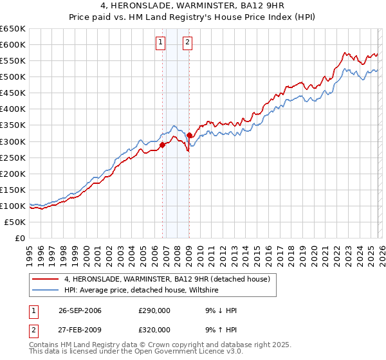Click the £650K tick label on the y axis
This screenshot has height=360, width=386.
tap(13, 29)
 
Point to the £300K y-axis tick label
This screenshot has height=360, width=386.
tap(13, 141)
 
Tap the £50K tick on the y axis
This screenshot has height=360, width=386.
tap(15, 222)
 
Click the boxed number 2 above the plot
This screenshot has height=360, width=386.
tap(187, 43)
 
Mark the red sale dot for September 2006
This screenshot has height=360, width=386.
tap(162, 145)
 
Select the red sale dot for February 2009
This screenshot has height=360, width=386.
tap(190, 135)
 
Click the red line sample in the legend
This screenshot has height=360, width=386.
tap(46, 279)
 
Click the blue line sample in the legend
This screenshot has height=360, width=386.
tap(46, 291)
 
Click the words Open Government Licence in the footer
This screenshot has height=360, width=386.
tap(169, 353)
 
